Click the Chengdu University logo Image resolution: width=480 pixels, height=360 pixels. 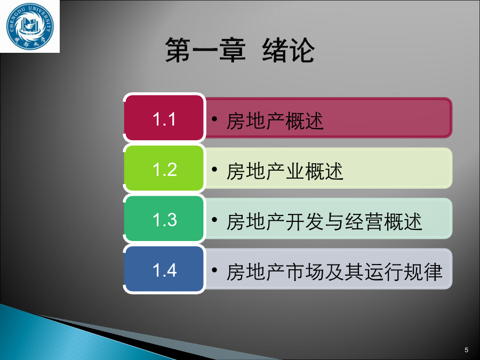click(30, 26)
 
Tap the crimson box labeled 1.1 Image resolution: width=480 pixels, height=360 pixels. click(164, 118)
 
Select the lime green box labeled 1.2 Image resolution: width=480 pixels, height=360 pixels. click(164, 169)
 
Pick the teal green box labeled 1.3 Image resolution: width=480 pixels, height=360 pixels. click(164, 219)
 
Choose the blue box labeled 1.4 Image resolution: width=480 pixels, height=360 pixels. click(164, 269)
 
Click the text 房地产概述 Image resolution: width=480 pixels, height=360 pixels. click(275, 121)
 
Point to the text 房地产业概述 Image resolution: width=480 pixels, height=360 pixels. click(285, 171)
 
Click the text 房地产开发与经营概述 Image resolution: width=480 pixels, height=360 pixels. click(324, 222)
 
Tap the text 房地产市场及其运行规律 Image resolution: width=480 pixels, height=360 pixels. click(334, 272)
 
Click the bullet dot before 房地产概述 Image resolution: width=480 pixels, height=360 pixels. click(214, 119)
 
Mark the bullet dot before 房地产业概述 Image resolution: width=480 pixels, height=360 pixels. click(214, 169)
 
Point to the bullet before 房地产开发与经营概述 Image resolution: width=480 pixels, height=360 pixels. click(214, 220)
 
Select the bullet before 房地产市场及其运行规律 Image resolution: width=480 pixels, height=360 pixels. click(214, 270)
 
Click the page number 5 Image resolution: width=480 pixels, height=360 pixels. click(466, 350)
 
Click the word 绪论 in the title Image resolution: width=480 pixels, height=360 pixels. click(289, 50)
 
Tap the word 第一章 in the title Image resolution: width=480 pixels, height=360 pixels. click(205, 50)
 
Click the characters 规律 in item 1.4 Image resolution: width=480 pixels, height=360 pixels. click(423, 272)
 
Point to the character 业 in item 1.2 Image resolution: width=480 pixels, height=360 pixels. click(295, 171)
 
